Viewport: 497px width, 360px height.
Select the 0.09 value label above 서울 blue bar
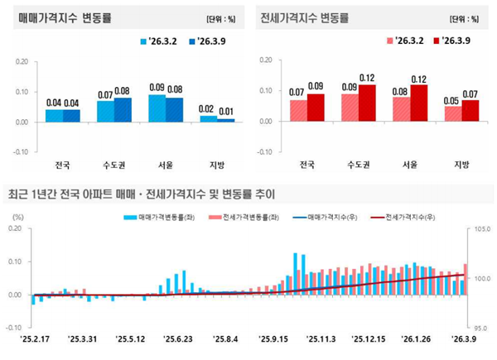coord(157,86)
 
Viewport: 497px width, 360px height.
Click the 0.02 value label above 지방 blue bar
coord(207,108)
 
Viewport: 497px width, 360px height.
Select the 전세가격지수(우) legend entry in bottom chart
coord(409,217)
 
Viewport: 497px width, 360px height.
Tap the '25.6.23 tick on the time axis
coord(178,338)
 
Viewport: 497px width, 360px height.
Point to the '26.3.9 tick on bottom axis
coord(462,338)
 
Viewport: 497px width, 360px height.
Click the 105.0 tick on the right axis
coord(483,228)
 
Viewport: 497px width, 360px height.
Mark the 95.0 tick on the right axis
coord(483,327)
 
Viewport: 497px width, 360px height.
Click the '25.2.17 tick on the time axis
coord(33,338)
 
